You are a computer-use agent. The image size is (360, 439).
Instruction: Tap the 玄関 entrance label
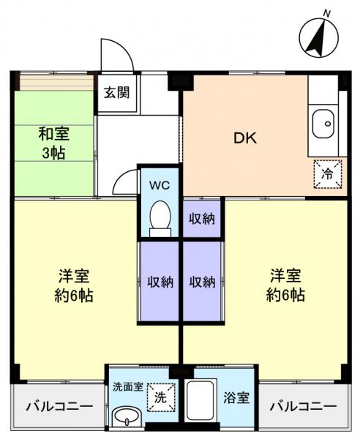click(x=116, y=93)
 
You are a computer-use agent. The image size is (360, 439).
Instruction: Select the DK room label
click(x=245, y=138)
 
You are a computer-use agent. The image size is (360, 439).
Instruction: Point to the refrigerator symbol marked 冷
click(x=326, y=173)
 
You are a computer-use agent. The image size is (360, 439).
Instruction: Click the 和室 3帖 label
click(x=55, y=143)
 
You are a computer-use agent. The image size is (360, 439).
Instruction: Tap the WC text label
click(x=160, y=185)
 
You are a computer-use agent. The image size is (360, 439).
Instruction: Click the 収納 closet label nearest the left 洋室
click(x=160, y=281)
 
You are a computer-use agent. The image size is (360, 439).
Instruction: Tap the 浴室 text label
click(x=237, y=399)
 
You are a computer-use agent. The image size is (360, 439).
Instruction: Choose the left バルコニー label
click(x=59, y=406)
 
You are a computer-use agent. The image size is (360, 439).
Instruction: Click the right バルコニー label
click(x=303, y=406)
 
